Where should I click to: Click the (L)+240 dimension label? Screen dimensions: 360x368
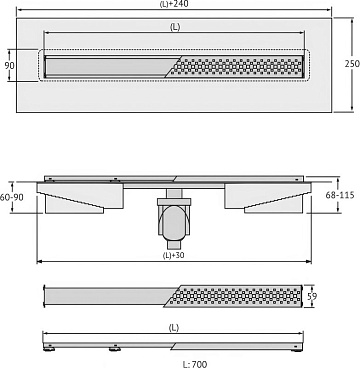tap(174, 4)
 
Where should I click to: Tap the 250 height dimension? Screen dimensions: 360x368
tap(352, 63)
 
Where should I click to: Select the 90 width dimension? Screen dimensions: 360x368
tap(9, 65)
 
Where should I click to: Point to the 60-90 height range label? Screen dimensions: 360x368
tap(12, 197)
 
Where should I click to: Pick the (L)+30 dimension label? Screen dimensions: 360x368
tap(173, 256)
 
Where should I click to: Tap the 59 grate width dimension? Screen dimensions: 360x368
tap(312, 296)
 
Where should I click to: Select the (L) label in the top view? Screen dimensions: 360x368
tap(175, 28)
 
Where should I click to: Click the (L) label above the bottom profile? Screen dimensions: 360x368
tap(173, 328)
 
